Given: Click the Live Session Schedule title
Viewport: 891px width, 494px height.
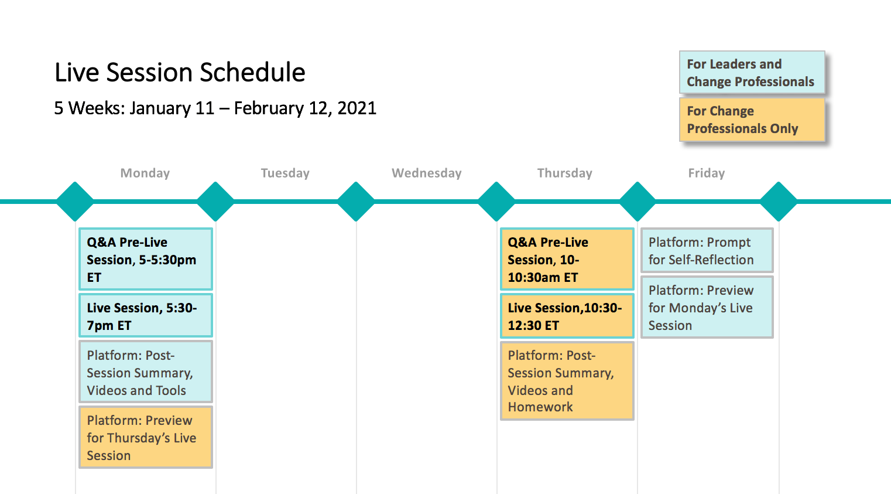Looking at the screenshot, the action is click(180, 73).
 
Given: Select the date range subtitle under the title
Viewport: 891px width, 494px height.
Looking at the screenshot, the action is click(215, 108).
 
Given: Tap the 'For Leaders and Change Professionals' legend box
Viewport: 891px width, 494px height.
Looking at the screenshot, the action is click(752, 73).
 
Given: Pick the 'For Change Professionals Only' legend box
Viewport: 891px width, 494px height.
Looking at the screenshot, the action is click(752, 120).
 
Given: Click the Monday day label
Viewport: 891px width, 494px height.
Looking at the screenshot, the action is click(145, 173).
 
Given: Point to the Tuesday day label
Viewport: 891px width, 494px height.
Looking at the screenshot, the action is click(285, 173).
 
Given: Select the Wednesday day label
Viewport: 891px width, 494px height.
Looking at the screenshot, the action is click(426, 173).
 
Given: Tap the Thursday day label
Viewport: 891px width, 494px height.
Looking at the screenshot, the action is click(565, 173).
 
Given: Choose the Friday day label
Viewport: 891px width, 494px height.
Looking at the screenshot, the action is click(707, 173).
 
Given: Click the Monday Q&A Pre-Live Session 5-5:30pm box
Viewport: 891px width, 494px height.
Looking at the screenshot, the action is click(146, 259).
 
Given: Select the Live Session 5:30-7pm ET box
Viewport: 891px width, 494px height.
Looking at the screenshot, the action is click(146, 316).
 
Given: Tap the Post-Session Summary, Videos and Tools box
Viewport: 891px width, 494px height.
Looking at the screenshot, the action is click(146, 372).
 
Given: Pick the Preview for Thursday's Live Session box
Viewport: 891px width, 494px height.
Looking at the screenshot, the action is click(146, 437).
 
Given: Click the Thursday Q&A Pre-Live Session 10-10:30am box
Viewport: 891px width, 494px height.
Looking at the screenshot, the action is click(567, 259).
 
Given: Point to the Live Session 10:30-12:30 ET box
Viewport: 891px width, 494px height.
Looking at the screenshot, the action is click(567, 316).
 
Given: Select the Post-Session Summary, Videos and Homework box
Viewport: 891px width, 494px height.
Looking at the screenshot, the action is click(567, 381).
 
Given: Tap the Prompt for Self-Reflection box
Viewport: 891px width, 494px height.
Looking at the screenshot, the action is click(707, 250).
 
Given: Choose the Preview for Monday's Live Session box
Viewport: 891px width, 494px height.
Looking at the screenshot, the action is click(707, 307).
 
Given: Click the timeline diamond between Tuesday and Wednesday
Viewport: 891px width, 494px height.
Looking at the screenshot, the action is click(356, 202).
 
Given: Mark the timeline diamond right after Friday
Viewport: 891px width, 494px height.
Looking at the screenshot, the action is click(779, 202).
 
